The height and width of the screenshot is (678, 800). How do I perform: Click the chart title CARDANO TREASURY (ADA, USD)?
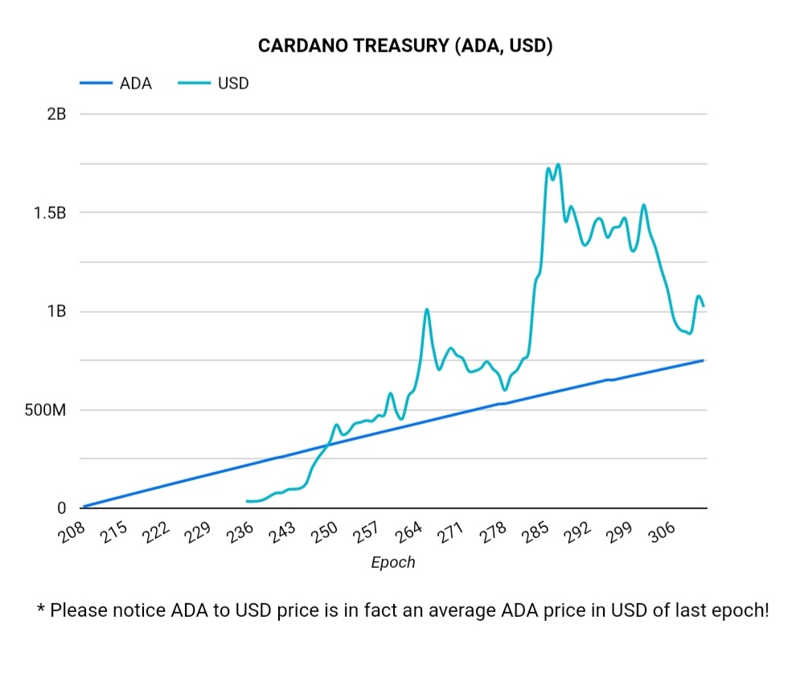pos(404,46)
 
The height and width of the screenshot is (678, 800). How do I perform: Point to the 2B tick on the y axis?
pos(56,114)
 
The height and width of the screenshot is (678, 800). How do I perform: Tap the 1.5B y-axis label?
pos(50,213)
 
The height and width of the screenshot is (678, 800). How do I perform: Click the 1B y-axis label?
pos(56,312)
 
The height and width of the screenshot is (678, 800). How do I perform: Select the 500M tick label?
pos(47,410)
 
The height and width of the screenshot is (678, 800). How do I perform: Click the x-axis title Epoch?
pos(393,562)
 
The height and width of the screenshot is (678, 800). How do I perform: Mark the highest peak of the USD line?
pos(558,164)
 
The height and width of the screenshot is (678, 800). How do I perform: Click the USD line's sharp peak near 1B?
pos(427,309)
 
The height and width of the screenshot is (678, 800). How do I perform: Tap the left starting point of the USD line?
pos(248,501)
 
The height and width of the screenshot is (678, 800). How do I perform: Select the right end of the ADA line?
pos(704,360)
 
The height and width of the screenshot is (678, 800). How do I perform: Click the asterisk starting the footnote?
pos(41,608)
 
